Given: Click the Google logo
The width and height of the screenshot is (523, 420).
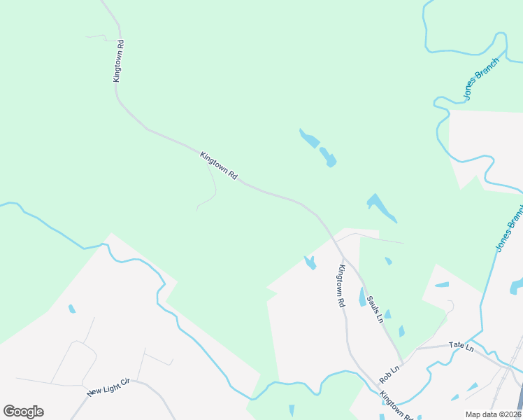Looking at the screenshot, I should click(x=23, y=412).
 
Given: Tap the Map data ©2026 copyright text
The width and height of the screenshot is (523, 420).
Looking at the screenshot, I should click(x=494, y=414).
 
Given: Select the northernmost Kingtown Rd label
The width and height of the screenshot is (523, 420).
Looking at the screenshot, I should click(x=118, y=61).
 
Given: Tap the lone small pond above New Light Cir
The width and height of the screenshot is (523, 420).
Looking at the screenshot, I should click(x=71, y=309).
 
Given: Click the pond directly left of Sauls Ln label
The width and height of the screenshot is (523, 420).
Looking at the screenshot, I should click(x=362, y=297).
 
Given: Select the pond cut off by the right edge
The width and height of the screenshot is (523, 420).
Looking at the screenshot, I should click(x=517, y=286).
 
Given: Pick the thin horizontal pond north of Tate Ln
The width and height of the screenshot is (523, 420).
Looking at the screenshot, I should click(x=442, y=285).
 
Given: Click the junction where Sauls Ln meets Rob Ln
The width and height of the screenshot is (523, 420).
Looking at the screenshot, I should click(x=403, y=360).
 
